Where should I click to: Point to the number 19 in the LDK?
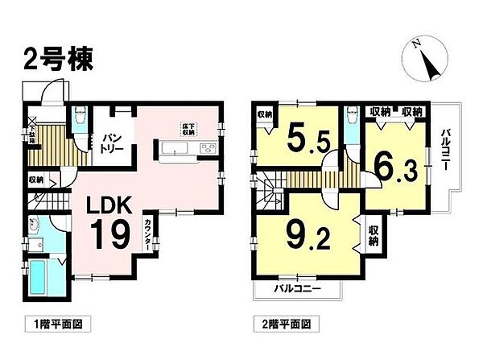pos(111,235)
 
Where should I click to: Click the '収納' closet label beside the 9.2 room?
pos(374,234)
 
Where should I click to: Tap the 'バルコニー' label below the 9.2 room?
pos(296,288)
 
